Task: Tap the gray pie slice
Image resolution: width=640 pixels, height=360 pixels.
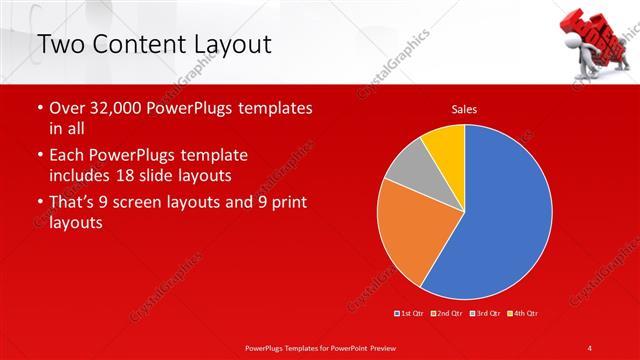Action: tap(404, 179)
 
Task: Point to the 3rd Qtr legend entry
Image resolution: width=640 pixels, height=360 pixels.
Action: tap(486, 314)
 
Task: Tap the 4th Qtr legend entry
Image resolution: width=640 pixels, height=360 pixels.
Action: tap(523, 314)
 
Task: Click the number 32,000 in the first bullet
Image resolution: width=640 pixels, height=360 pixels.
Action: tap(113, 108)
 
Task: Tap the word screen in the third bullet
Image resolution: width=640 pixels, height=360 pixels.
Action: tap(153, 203)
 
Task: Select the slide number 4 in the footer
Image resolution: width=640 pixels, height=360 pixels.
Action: tap(590, 347)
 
